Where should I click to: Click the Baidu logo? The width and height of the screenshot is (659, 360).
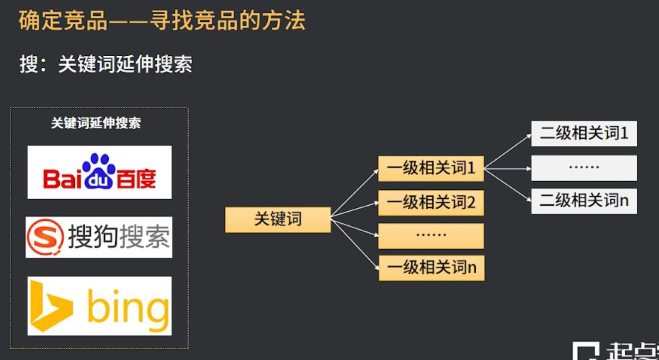pyautogui.click(x=99, y=172)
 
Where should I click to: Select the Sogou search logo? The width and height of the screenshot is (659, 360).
pyautogui.click(x=99, y=237)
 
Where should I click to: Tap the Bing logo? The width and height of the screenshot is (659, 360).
pyautogui.click(x=99, y=306)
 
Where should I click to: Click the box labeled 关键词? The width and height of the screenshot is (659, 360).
pyautogui.click(x=278, y=219)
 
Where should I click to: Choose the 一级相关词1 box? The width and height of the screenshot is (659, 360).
pyautogui.click(x=431, y=169)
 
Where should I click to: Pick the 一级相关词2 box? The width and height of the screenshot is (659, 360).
pyautogui.click(x=431, y=203)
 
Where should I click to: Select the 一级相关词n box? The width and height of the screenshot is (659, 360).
pyautogui.click(x=431, y=268)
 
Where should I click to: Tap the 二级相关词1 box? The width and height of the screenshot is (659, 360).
pyautogui.click(x=584, y=134)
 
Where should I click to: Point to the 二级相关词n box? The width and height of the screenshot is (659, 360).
pyautogui.click(x=584, y=201)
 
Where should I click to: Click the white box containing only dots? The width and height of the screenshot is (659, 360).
pyautogui.click(x=584, y=168)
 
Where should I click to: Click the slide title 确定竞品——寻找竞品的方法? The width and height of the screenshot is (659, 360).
pyautogui.click(x=162, y=21)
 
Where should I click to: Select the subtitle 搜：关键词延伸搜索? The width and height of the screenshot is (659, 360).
pyautogui.click(x=106, y=65)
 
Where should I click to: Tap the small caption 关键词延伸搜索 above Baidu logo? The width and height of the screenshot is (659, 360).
pyautogui.click(x=96, y=124)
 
